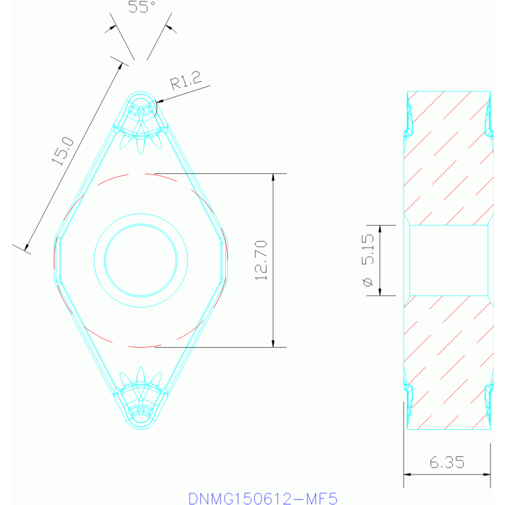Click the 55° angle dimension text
coord(141,7)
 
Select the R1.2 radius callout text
coord(184,82)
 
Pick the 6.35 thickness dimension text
coord(447,462)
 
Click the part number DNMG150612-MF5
coord(263,498)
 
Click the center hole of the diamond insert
coord(141,260)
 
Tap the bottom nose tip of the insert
coord(141,426)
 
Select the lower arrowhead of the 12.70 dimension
coord(273,344)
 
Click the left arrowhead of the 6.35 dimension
coord(406,473)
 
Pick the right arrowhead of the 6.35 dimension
coord(487,473)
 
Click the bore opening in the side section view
coord(448,260)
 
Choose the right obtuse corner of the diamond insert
coord(226,260)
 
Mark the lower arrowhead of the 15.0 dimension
coord(27,248)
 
